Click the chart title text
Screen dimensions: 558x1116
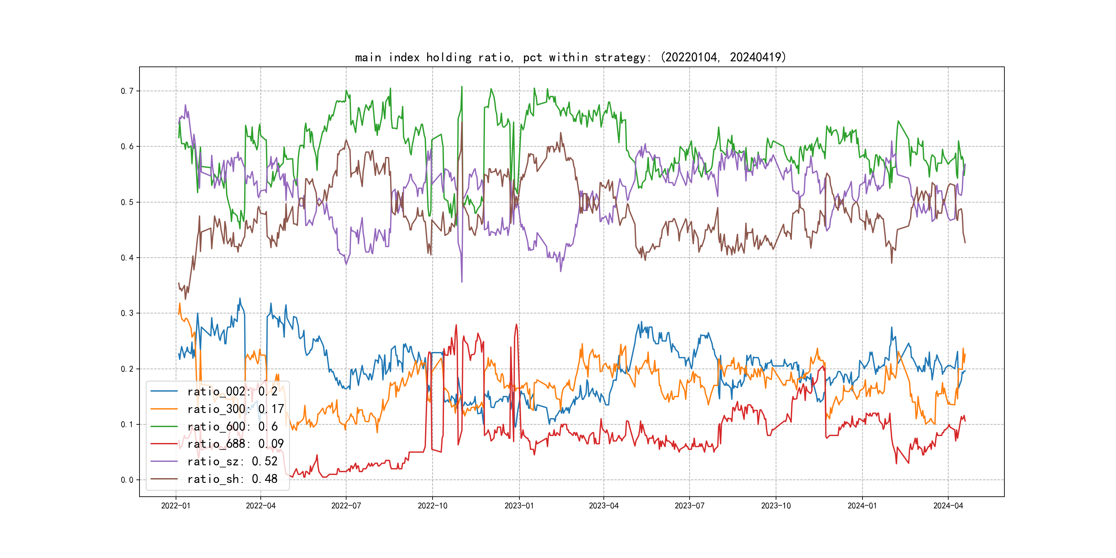point(570,57)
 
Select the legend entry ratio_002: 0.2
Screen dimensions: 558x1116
point(232,391)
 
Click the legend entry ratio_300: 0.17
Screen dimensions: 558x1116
point(235,409)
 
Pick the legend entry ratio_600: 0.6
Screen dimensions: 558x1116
point(232,426)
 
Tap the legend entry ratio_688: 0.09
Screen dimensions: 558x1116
point(235,444)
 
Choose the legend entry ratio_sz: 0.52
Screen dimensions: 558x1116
point(232,462)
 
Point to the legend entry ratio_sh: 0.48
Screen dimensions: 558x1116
point(232,479)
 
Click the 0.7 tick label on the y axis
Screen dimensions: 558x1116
point(127,91)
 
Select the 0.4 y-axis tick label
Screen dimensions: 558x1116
point(127,258)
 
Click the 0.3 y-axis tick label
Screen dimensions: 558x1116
point(127,313)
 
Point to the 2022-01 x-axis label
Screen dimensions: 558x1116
point(175,506)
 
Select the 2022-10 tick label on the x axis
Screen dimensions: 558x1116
point(432,506)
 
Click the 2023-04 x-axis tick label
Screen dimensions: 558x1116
point(603,506)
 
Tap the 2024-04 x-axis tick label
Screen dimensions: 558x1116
point(948,506)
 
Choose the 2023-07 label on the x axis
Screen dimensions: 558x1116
point(689,506)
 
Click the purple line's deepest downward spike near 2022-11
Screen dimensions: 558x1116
point(462,282)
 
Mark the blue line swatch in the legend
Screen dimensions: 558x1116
point(164,391)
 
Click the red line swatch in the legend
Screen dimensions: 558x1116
point(164,444)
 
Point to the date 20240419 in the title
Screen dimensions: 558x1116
point(756,57)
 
